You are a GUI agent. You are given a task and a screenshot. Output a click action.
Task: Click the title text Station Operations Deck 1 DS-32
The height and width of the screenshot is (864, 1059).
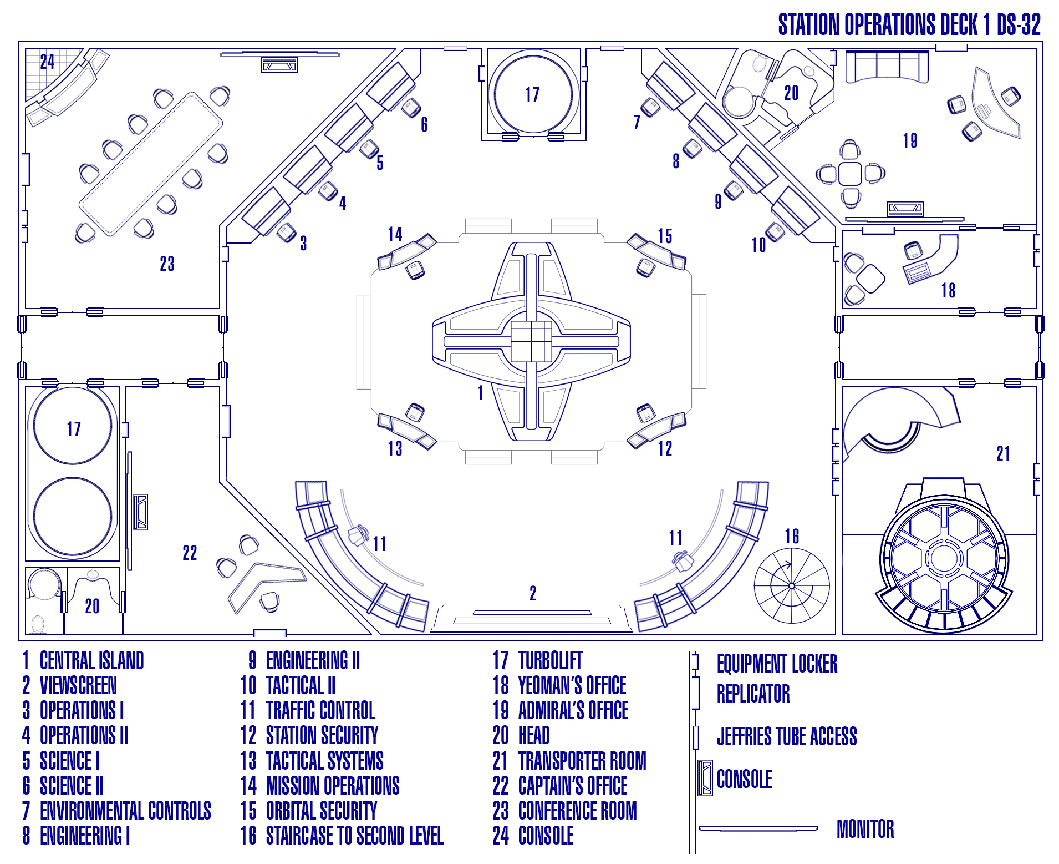(909, 25)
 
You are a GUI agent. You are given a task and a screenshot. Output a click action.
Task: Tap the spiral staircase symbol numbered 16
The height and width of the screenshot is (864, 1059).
(791, 585)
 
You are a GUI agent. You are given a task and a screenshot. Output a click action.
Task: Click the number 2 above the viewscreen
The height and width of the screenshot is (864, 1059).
(533, 593)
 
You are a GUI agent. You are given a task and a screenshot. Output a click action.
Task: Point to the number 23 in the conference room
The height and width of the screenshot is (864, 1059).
(167, 264)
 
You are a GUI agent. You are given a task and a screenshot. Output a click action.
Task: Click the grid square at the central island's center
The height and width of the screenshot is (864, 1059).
(531, 341)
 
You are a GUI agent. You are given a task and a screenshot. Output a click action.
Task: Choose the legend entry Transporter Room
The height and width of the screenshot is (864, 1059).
(582, 760)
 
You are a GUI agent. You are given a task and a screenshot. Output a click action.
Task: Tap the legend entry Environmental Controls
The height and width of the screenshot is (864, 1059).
(125, 811)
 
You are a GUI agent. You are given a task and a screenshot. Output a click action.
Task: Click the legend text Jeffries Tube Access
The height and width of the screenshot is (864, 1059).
(786, 736)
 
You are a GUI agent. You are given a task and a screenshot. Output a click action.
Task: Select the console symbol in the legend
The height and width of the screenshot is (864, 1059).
(705, 777)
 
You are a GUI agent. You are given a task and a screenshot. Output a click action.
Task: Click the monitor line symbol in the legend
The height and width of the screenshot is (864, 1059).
(758, 829)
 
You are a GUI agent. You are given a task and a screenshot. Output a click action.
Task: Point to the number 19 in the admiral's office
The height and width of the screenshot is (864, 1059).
(910, 141)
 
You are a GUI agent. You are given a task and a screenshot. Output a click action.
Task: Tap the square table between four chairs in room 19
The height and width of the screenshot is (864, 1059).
(850, 174)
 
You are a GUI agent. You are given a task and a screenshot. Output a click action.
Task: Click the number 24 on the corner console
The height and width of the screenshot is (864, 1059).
(47, 62)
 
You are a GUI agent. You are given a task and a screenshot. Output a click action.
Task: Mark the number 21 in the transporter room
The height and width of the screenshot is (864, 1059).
(1003, 453)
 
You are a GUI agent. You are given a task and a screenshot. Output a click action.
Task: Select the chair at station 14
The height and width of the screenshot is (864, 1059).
(415, 270)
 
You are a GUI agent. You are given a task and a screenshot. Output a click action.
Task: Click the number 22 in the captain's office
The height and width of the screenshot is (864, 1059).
(190, 553)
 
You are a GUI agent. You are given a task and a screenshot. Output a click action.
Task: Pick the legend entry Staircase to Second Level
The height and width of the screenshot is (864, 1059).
(354, 836)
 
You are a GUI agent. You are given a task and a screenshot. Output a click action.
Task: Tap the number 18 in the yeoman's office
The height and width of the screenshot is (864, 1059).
(948, 290)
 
